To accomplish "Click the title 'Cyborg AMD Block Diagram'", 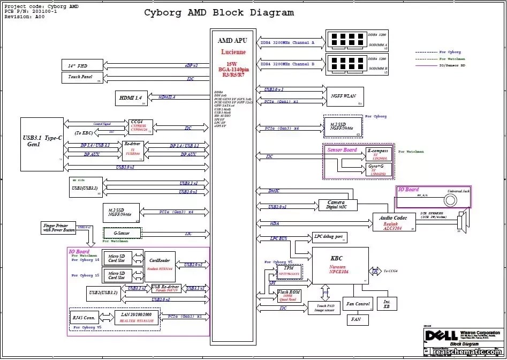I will [219, 13].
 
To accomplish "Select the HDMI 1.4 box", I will [131, 98].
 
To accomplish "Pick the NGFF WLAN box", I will [344, 96].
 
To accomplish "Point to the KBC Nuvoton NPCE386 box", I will [340, 265].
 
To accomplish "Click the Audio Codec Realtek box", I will [394, 222].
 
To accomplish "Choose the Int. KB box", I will [387, 304].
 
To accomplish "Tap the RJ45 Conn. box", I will [84, 317].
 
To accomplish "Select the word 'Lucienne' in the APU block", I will [233, 52].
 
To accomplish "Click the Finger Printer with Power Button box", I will [58, 227].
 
